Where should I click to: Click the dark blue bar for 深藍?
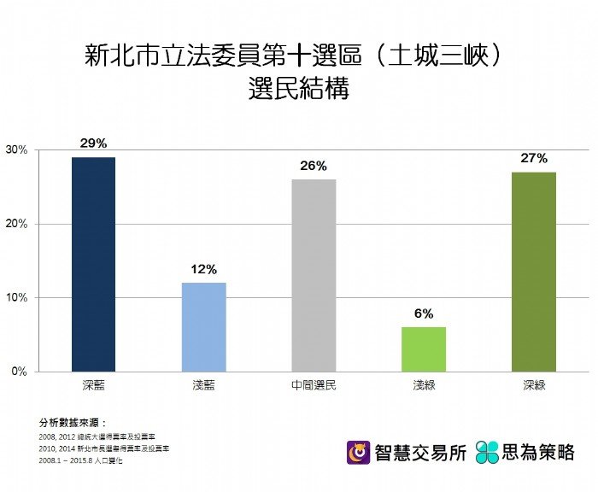(93, 264)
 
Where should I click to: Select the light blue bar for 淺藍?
(203, 327)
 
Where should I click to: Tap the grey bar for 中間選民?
(314, 275)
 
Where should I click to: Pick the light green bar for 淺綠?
(424, 349)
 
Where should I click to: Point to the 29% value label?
(93, 143)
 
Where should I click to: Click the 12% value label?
(203, 269)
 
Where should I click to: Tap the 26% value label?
(314, 166)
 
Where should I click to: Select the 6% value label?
(424, 313)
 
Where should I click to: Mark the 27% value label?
(534, 158)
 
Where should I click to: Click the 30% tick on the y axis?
(17, 150)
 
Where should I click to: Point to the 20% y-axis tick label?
(17, 224)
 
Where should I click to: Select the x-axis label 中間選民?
(314, 385)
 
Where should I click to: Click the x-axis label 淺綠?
(424, 385)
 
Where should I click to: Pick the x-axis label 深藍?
(93, 385)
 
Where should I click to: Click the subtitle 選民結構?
(299, 90)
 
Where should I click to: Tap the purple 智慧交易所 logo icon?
(358, 452)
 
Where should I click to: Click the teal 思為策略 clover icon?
(487, 452)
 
